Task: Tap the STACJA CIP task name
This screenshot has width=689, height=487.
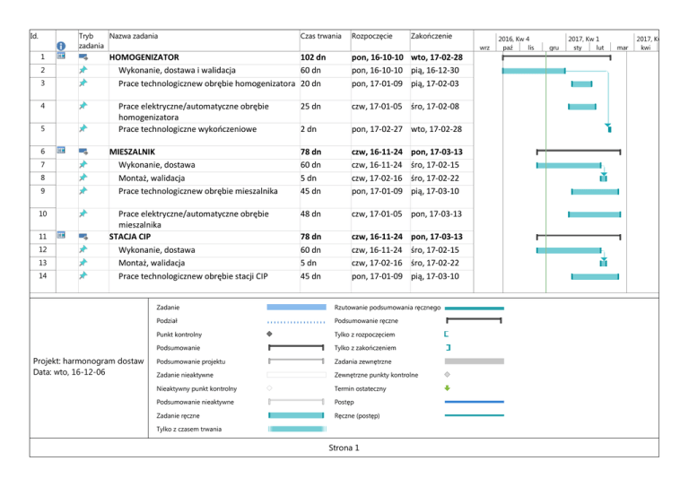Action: (129, 236)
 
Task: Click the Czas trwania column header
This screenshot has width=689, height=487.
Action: (320, 36)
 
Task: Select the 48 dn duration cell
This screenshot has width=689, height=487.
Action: (311, 214)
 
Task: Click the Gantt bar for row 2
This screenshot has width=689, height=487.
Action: (533, 69)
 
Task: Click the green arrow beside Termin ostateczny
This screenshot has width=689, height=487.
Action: (448, 388)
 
